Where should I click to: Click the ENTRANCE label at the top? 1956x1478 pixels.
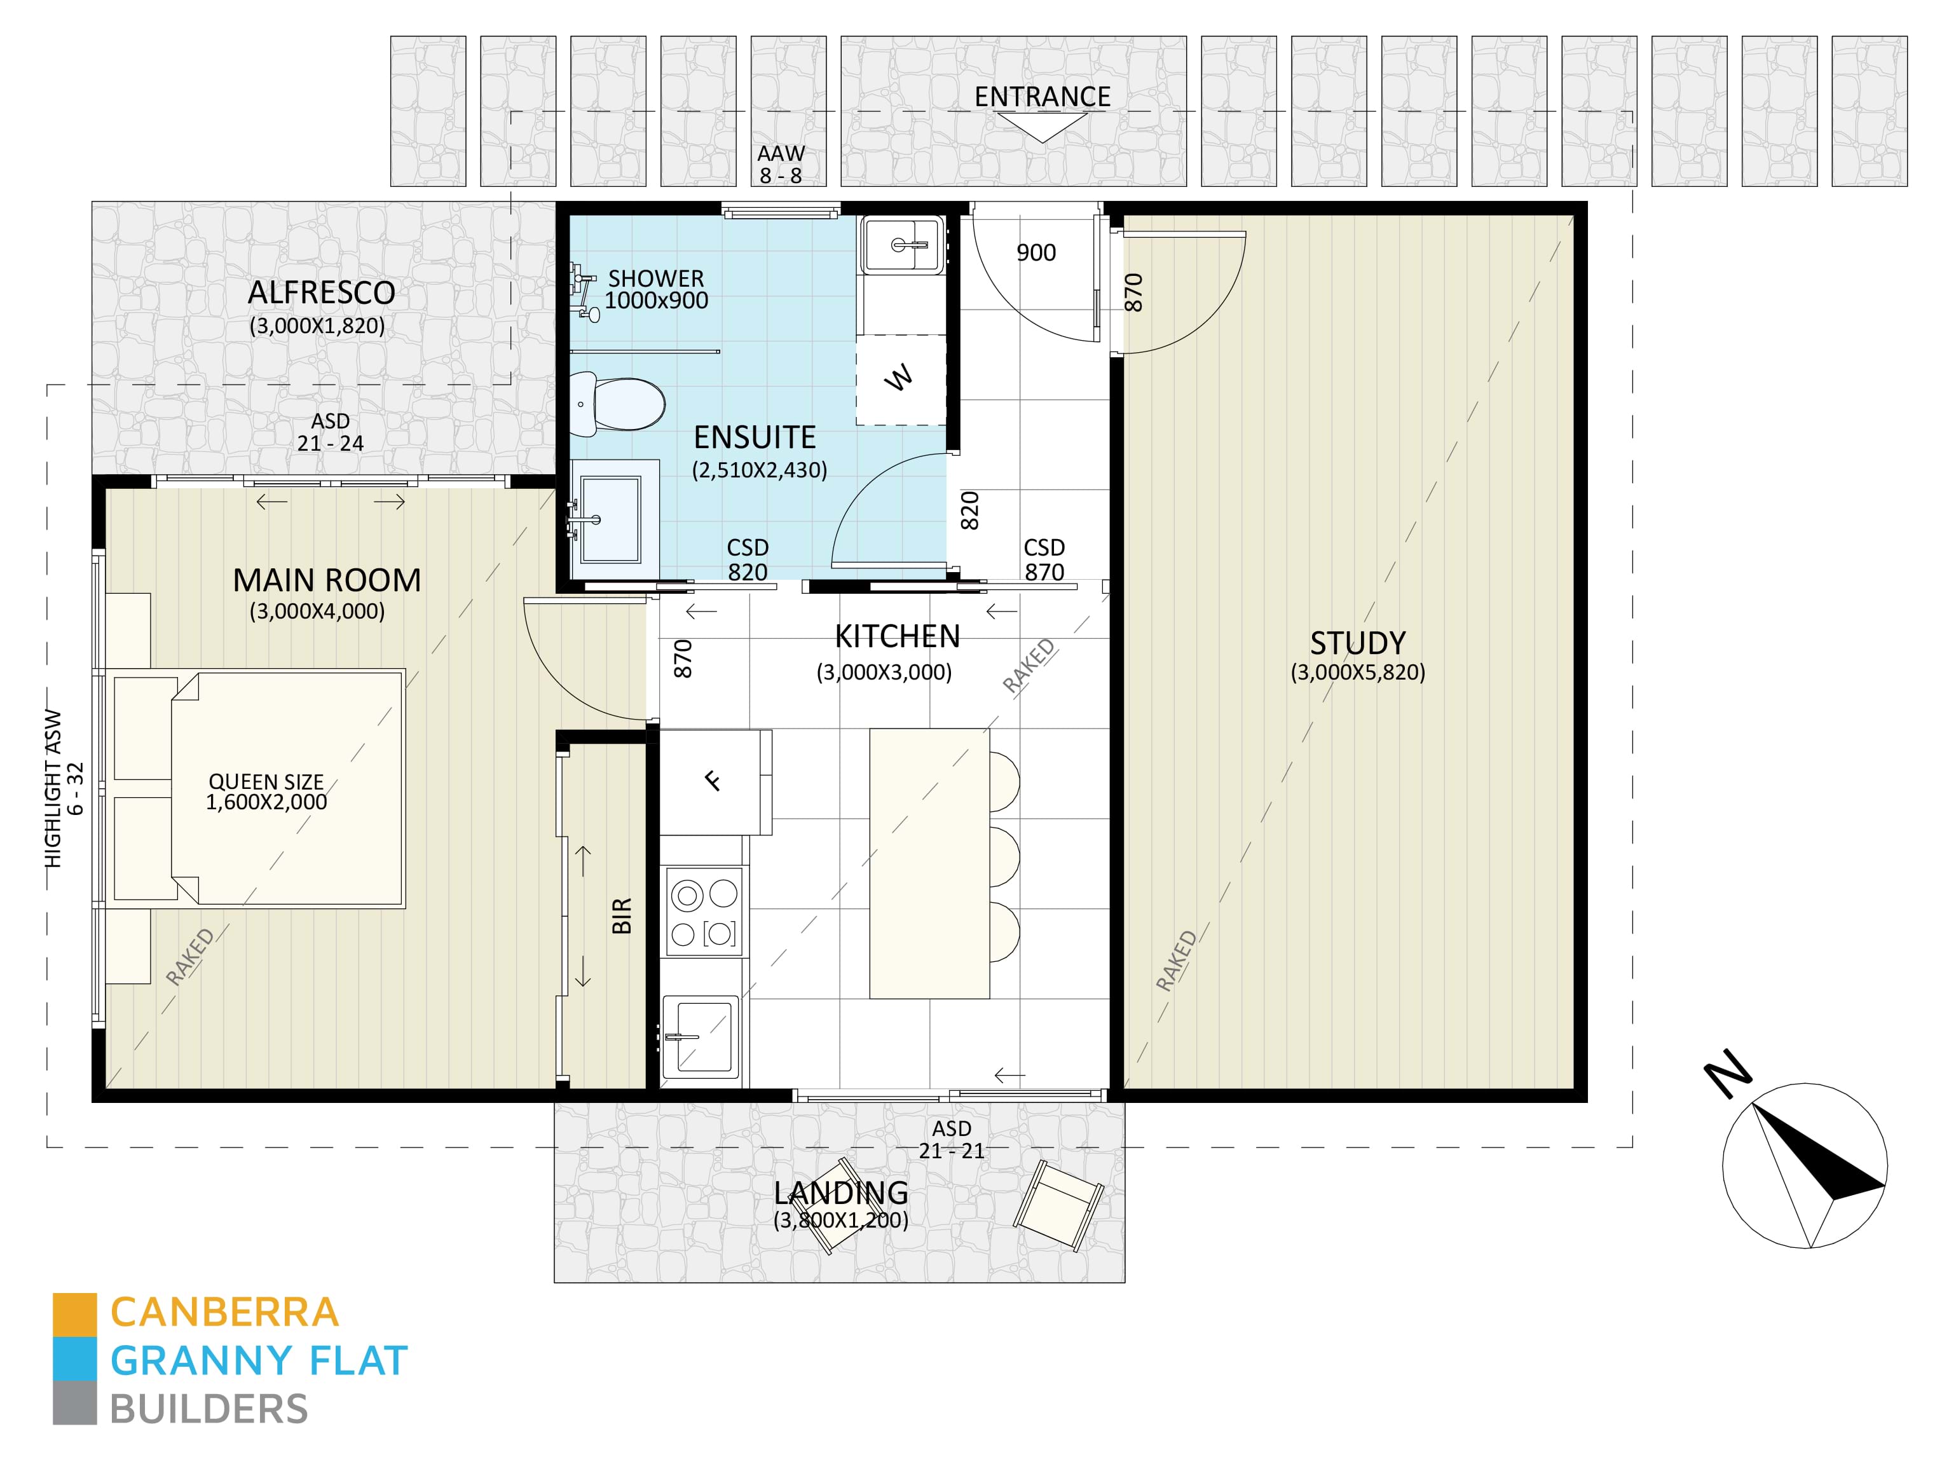[1043, 97]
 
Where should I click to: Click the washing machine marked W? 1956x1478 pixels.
[899, 379]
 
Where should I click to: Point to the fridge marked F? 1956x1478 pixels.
[713, 780]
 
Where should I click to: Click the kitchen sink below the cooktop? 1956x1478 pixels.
[701, 1037]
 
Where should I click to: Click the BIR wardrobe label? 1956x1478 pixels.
[622, 915]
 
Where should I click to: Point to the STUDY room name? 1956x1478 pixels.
[1357, 643]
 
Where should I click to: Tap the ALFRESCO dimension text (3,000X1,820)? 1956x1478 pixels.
[317, 325]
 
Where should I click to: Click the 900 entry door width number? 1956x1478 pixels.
[1036, 253]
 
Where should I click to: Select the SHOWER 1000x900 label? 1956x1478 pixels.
[656, 289]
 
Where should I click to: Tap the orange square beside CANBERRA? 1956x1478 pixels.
[74, 1315]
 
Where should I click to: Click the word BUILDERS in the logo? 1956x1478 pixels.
[209, 1409]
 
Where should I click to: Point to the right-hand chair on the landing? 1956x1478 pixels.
[1058, 1205]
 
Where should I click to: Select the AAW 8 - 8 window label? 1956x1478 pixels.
[781, 165]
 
